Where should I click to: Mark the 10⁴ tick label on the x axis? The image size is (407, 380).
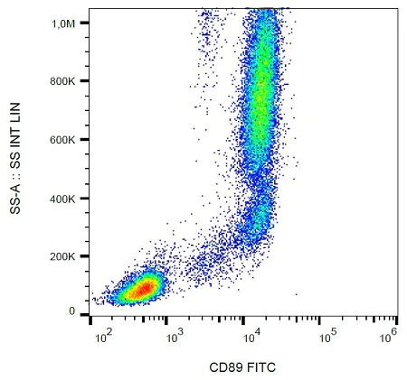click(x=251, y=335)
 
